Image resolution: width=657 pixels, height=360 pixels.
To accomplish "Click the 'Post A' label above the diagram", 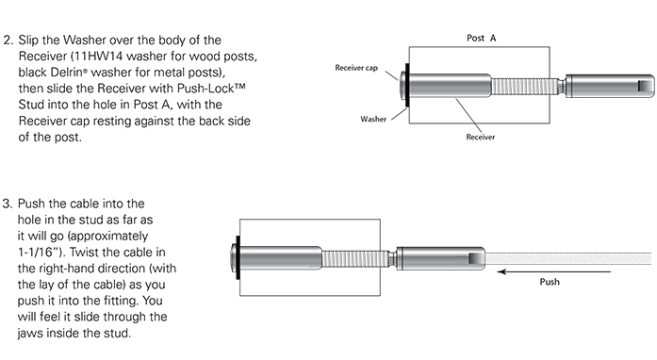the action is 481,38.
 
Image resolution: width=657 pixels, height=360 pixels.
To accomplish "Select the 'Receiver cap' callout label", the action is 356,68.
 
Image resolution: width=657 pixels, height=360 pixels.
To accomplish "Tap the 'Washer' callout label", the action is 373,119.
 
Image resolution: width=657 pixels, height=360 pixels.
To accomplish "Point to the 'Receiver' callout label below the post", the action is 480,137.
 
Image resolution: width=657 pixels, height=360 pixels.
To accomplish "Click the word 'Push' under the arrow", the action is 550,282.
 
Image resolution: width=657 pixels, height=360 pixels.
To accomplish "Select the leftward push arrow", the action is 554,271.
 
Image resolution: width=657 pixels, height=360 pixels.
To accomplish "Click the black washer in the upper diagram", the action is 406,85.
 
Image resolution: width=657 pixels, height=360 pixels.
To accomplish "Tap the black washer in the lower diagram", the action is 238,257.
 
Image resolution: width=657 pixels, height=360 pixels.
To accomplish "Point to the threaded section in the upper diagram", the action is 524,87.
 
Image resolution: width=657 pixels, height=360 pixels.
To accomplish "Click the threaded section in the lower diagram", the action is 355,258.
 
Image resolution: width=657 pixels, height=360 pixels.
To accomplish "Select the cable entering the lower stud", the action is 568,258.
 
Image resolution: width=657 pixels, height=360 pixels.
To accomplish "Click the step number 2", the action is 8,41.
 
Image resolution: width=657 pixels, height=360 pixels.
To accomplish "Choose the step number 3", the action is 8,204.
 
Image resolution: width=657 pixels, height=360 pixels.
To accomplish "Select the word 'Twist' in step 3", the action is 84,253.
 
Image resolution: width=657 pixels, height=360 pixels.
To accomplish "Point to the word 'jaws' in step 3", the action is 30,334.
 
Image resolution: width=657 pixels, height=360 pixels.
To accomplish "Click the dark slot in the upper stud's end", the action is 643,86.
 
